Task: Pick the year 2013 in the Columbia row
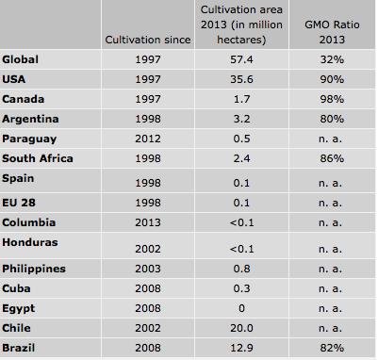[x=151, y=222]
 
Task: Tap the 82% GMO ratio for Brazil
[x=330, y=352]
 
